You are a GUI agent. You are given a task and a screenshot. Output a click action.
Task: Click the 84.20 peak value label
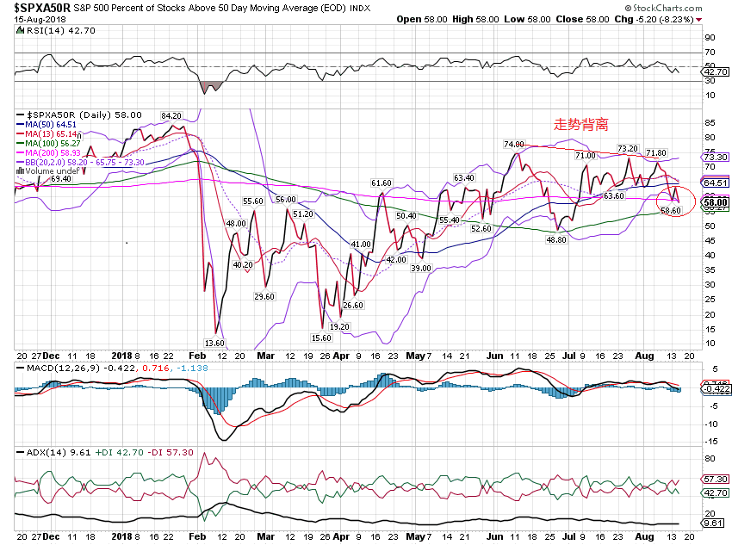(x=171, y=115)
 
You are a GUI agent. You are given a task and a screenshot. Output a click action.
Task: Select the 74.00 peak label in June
(x=514, y=145)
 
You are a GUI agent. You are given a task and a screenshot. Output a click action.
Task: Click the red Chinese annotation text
(x=580, y=125)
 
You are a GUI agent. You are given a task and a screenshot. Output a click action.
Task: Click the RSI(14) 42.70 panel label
(x=51, y=29)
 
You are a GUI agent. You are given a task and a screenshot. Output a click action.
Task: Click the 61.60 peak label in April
(x=382, y=183)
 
